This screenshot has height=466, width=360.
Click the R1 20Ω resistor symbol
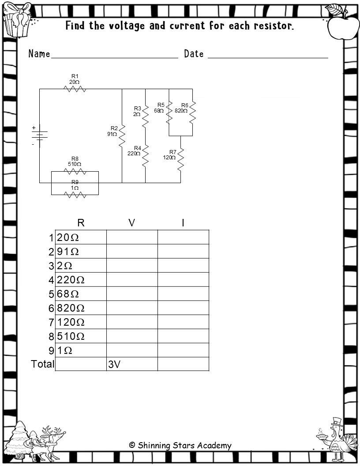[x=75, y=89]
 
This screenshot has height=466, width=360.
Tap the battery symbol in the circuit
[x=39, y=135]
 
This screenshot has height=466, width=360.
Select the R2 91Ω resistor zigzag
[x=122, y=135]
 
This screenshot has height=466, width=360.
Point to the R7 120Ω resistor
[x=180, y=159]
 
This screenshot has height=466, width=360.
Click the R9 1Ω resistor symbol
[x=75, y=194]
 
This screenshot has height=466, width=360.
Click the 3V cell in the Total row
[x=131, y=364]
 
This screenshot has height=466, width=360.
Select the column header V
[x=131, y=223]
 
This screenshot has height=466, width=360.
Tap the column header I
[x=183, y=223]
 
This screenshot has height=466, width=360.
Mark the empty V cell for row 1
[x=131, y=237]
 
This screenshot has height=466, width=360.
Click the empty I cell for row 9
[x=183, y=350]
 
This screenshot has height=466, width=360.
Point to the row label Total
[x=43, y=364]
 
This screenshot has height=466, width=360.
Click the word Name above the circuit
[x=39, y=54]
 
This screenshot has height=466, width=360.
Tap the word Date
[x=194, y=54]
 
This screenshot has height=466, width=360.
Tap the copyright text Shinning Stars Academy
[x=180, y=445]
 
